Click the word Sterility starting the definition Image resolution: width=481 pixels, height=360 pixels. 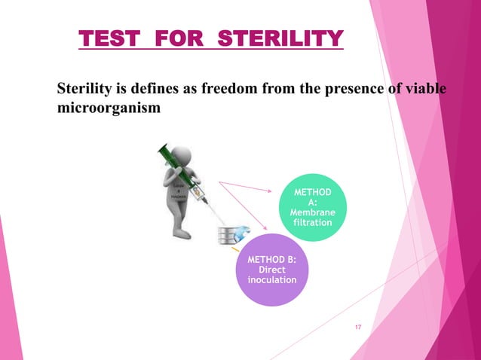pyautogui.click(x=87, y=90)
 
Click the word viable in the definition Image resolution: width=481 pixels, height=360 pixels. pyautogui.click(x=426, y=90)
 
